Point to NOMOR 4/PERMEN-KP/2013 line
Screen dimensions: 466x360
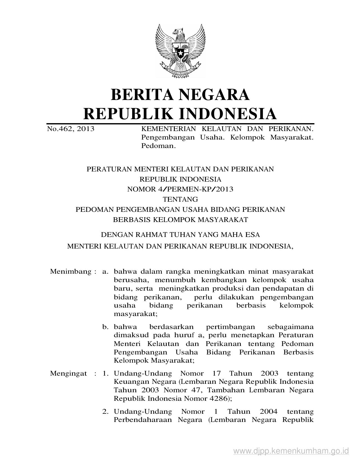180,189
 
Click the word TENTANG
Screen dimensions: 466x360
180,199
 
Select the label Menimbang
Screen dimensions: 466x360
71,272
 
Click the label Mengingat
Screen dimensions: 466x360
68,373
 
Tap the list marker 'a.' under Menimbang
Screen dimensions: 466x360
106,272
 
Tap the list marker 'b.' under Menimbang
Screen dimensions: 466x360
106,327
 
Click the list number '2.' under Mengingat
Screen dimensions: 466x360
106,411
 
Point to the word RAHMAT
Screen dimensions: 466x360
144,234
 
